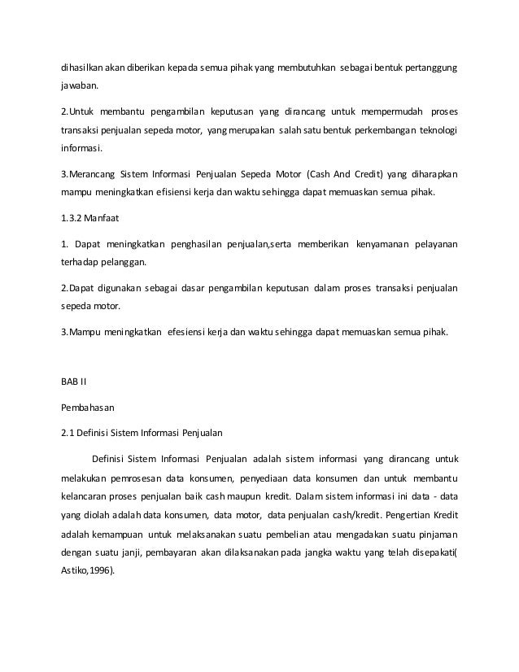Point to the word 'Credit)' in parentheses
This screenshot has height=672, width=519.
coord(375,174)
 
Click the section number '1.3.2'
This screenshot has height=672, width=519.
coord(74,219)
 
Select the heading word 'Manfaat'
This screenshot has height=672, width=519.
coord(109,219)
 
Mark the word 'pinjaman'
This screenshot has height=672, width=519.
coord(434,533)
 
